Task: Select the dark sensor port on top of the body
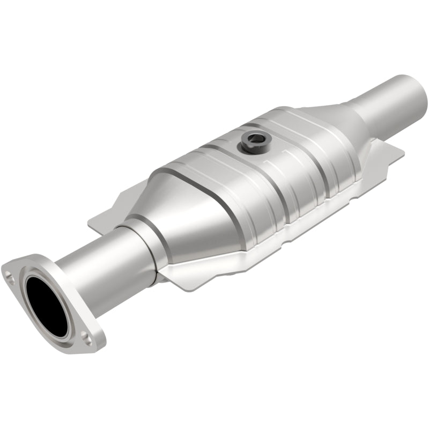coord(252,141)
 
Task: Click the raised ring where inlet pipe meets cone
coord(140,244)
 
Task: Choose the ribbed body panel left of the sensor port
coord(209,161)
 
